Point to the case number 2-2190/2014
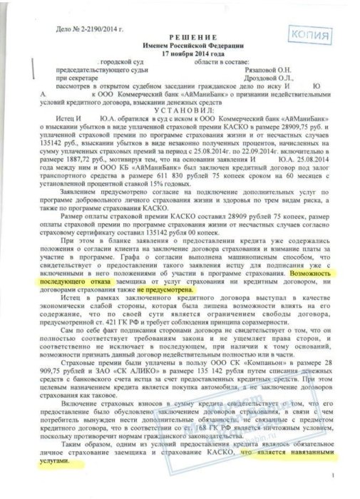(81, 31)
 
